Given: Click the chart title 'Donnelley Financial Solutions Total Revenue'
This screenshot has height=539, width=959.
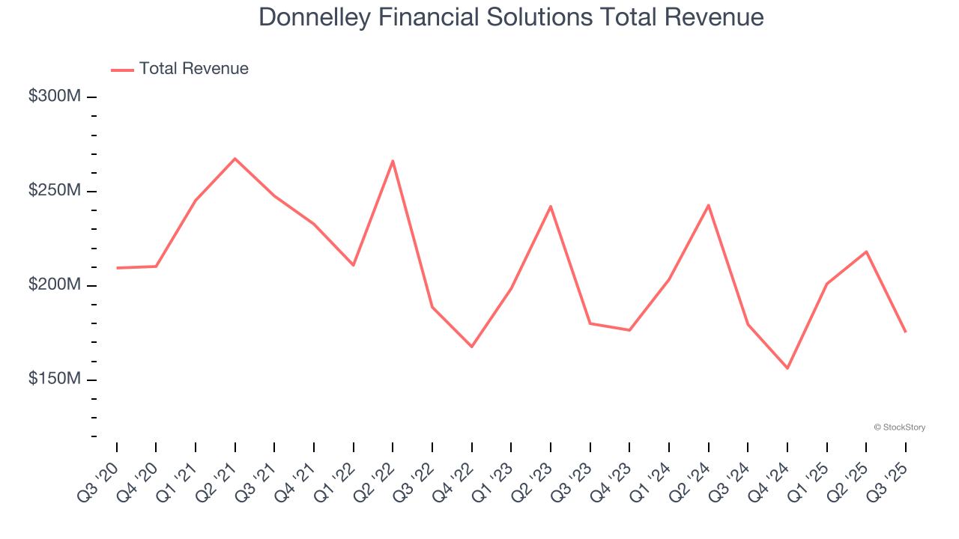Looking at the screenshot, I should coord(511,17).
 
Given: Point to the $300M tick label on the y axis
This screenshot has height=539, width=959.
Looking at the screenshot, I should coord(55,97).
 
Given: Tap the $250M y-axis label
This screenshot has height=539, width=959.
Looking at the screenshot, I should coord(55,191).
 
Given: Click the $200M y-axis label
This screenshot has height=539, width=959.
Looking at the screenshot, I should coord(55,285).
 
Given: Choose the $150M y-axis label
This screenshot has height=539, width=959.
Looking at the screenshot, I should coord(55,380).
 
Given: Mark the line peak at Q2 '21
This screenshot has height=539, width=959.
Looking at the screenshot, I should coord(235,159).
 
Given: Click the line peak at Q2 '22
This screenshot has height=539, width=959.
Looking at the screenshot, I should coord(393,161).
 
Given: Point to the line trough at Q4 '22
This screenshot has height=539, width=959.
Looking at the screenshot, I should coord(472,347).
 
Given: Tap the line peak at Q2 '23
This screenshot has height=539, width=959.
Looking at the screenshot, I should coord(551,206).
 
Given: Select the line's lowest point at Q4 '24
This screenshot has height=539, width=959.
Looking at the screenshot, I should coord(787,368).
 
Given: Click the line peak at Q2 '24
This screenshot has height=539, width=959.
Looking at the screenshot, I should coord(708,205).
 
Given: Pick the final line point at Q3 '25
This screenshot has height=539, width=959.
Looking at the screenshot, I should coord(905,332).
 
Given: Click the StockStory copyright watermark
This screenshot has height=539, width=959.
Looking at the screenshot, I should coord(899,427).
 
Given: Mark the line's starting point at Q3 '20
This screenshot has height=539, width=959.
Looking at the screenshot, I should coord(117,268).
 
